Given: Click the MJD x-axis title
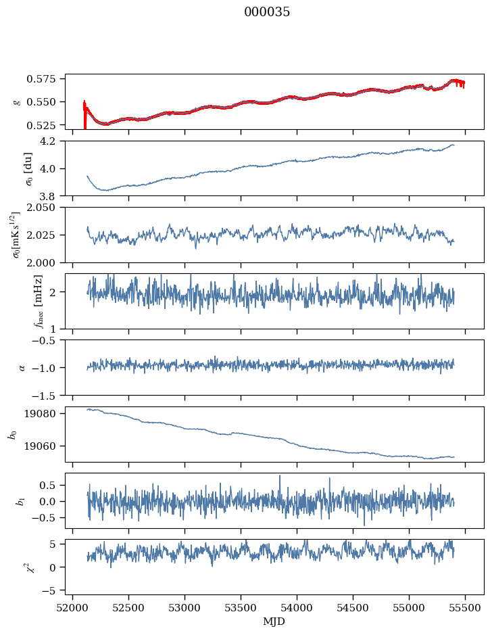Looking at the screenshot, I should (x=274, y=622).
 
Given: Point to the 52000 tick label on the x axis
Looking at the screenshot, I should (x=74, y=609).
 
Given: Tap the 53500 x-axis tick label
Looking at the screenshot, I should (x=241, y=609).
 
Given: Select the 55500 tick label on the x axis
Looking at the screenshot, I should (x=465, y=609).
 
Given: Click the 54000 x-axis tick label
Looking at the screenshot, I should (x=297, y=609).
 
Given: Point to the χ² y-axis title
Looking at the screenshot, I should (x=17, y=567).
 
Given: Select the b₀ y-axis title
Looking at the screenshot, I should (x=12, y=434).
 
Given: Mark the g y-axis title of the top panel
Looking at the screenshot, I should (x=17, y=101).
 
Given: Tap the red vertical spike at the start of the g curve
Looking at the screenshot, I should (x=84, y=115).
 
